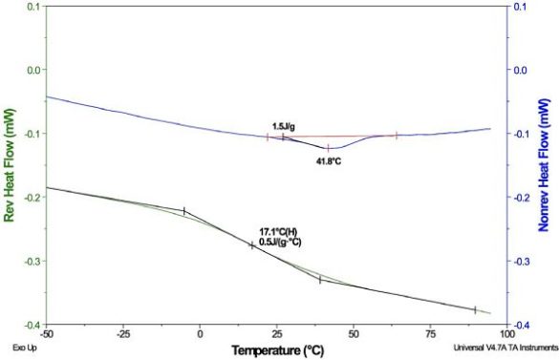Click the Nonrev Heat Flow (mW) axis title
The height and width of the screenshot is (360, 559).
[x=548, y=165]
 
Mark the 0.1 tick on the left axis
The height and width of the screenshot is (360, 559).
[x=33, y=7]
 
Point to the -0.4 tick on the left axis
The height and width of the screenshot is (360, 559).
[x=32, y=326]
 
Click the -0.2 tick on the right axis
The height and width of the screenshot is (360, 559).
[x=524, y=198]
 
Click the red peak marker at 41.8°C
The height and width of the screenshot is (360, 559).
[x=328, y=148]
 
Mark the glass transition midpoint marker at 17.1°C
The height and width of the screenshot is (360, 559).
[x=252, y=245]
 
